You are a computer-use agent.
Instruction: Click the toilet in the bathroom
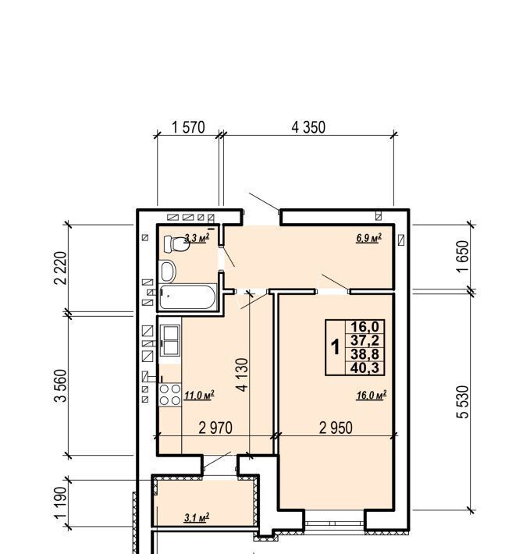tap(176, 244)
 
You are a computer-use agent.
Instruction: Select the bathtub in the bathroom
tap(187, 297)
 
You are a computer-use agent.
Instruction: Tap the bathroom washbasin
tap(168, 272)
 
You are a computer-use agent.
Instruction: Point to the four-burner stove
tap(170, 395)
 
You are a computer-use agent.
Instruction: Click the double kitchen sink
tap(170, 341)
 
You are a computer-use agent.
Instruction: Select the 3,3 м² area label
tap(197, 237)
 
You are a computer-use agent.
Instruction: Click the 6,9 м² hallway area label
tap(369, 238)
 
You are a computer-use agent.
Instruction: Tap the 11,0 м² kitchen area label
tap(199, 395)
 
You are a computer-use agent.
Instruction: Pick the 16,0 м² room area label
tap(372, 395)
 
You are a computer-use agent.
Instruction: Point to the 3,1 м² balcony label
tap(197, 517)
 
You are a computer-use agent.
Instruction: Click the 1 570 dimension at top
tap(188, 127)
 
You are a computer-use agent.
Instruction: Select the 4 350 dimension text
tap(308, 127)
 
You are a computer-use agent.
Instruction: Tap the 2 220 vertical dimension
tap(60, 268)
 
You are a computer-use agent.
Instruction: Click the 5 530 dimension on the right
tap(463, 402)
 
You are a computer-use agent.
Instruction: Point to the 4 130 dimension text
tap(243, 375)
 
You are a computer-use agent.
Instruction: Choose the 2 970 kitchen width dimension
tap(215, 428)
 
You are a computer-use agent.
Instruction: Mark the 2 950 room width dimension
tap(336, 428)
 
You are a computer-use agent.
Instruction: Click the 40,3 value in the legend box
tap(365, 368)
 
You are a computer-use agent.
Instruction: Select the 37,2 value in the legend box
tap(365, 341)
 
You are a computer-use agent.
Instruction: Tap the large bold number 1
tap(335, 347)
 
